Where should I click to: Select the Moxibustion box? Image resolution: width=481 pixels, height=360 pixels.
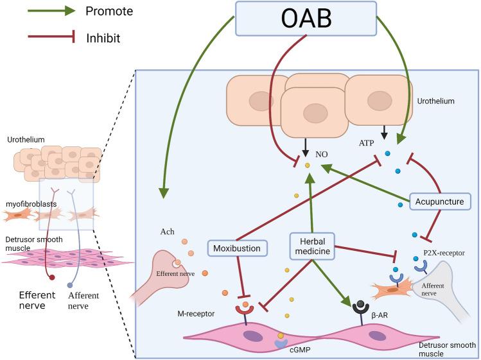click(x=238, y=247)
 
